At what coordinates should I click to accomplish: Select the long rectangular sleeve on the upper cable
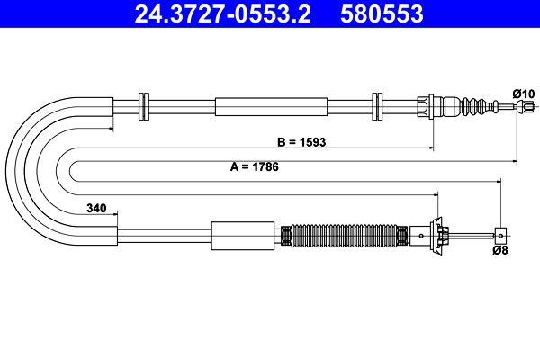[x=270, y=106]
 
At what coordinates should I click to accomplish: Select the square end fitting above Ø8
[x=497, y=237]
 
